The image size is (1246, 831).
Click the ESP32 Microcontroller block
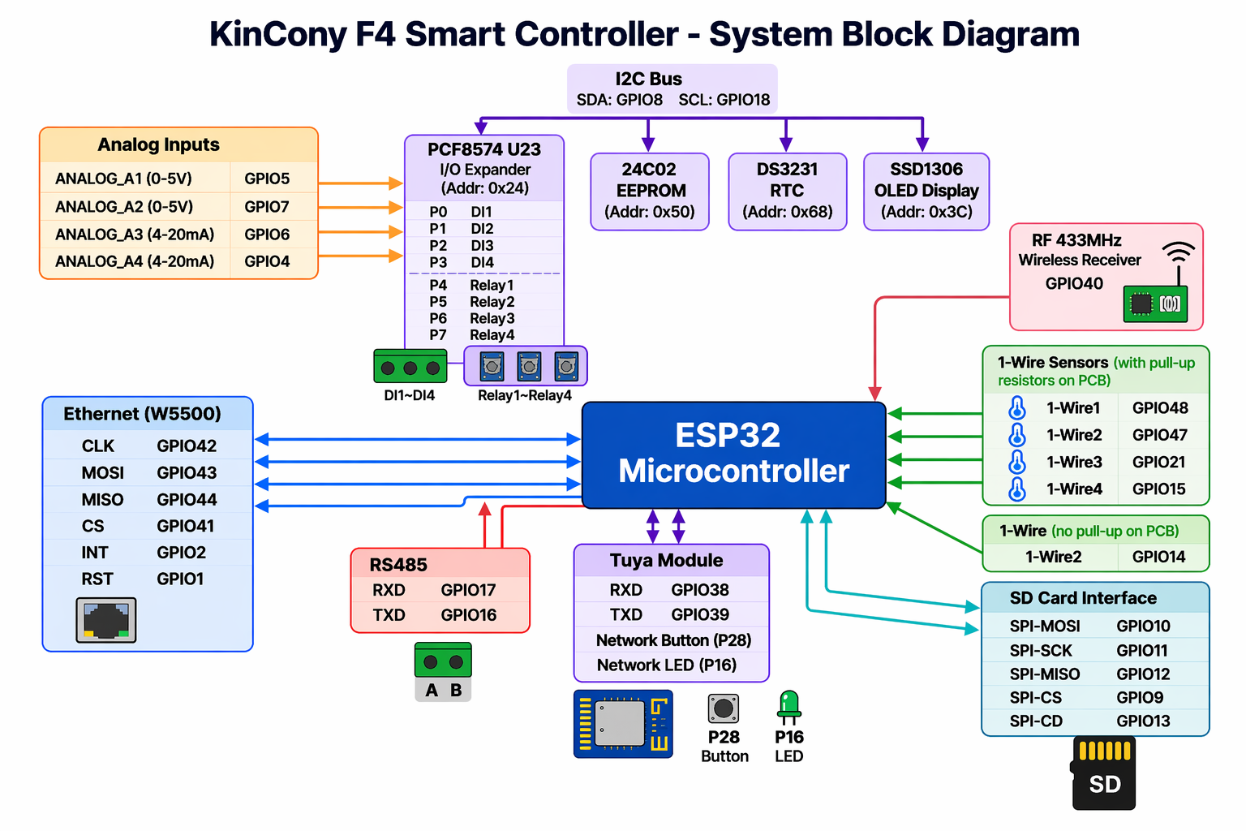pyautogui.click(x=733, y=454)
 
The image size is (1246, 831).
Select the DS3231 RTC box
pyautogui.click(x=787, y=192)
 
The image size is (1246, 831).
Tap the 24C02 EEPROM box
pyautogui.click(x=650, y=192)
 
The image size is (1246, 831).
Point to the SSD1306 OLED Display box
pyautogui.click(x=926, y=192)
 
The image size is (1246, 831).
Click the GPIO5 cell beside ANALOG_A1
pyautogui.click(x=267, y=179)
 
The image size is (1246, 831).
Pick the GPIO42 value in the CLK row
pyautogui.click(x=187, y=446)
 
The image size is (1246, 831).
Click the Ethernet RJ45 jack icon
pyautogui.click(x=106, y=620)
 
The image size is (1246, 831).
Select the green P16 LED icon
pyautogui.click(x=788, y=706)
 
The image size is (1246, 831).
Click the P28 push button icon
pyautogui.click(x=724, y=708)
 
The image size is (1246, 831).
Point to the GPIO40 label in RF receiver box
pyautogui.click(x=1074, y=283)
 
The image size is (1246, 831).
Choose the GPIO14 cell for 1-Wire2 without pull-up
pyautogui.click(x=1158, y=557)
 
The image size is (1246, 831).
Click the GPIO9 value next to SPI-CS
pyautogui.click(x=1140, y=697)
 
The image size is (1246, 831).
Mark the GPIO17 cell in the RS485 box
pyautogui.click(x=468, y=590)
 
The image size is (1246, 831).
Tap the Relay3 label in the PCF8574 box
pyautogui.click(x=492, y=318)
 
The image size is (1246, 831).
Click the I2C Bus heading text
pyautogui.click(x=648, y=79)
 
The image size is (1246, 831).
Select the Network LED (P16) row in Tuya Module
pyautogui.click(x=667, y=665)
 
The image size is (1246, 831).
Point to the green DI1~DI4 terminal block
pyautogui.click(x=410, y=367)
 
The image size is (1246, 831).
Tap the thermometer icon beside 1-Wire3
pyautogui.click(x=1016, y=463)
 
